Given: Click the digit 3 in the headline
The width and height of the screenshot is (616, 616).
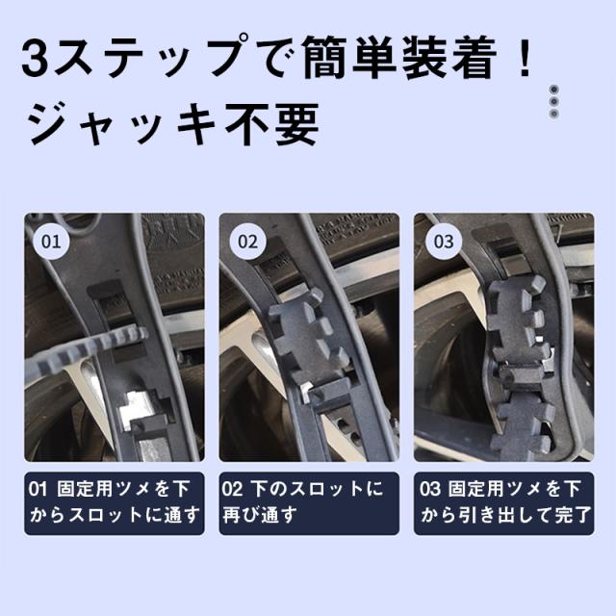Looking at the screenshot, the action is (x=35, y=58).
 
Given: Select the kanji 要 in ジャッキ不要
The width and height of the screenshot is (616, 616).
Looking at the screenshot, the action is (x=296, y=124).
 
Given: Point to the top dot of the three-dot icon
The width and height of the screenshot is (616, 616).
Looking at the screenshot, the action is (x=554, y=90).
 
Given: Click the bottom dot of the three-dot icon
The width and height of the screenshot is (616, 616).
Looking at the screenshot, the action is (x=554, y=114).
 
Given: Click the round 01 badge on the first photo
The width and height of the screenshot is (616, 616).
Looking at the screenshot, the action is (x=51, y=241).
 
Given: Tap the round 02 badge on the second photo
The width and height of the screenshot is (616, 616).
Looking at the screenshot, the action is (x=247, y=241).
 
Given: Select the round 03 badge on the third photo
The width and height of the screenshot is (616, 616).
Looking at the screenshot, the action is (x=444, y=241).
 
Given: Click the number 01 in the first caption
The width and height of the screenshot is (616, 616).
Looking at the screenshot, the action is (x=38, y=489).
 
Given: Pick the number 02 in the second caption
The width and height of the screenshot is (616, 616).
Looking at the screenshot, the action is (x=232, y=489).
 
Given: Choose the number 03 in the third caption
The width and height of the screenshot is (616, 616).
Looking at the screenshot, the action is (x=429, y=489).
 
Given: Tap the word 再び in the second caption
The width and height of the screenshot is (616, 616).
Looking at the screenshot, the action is (x=242, y=515).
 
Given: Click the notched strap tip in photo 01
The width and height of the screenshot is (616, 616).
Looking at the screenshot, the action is (x=87, y=350).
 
